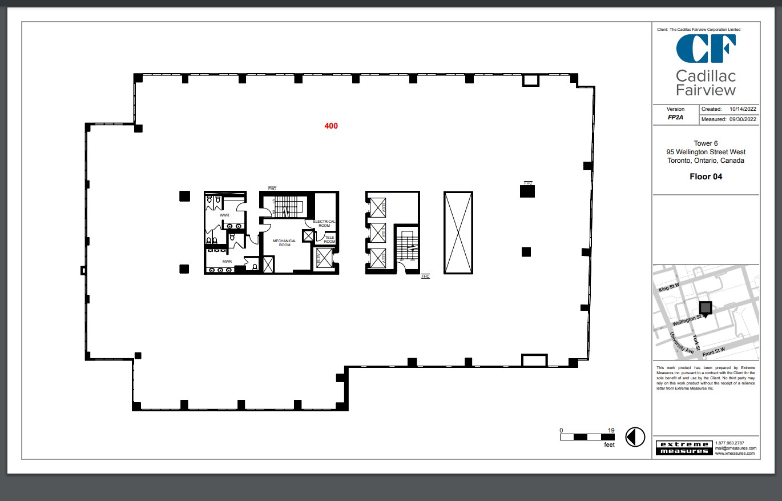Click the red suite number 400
coord(331,126)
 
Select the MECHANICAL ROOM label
coord(284,243)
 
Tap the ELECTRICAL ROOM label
coord(324,223)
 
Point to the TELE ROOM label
coord(329,239)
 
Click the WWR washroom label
coord(224,215)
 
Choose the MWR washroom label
coord(227,262)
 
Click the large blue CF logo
coord(706,49)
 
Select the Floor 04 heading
coord(706,177)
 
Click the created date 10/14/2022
coord(743,109)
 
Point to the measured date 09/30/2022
coord(743,119)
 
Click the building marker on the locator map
coord(706,308)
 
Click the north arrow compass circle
coord(635,437)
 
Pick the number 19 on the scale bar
coord(611,430)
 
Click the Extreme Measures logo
coord(683,448)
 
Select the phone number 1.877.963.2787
coord(729,443)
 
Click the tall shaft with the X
coord(458,233)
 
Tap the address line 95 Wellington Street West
coord(706,152)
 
